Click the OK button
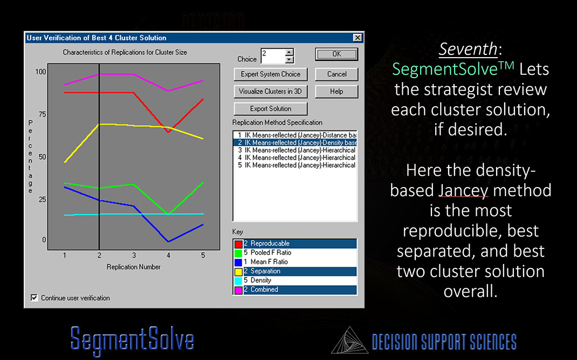tap(336, 54)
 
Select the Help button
tap(336, 92)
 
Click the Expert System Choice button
tap(271, 74)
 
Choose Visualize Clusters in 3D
tap(271, 92)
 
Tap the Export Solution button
tap(271, 109)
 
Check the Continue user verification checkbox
tap(34, 297)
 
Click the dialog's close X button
tap(358, 38)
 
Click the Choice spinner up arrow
tap(289, 52)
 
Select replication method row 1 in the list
tap(295, 135)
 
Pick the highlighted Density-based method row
tap(295, 143)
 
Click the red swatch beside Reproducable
tap(238, 244)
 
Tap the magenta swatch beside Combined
tap(238, 290)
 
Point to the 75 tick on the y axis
tap(42, 114)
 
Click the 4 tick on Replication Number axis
tap(169, 255)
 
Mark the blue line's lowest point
tap(168, 241)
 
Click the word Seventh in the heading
tap(468, 49)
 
